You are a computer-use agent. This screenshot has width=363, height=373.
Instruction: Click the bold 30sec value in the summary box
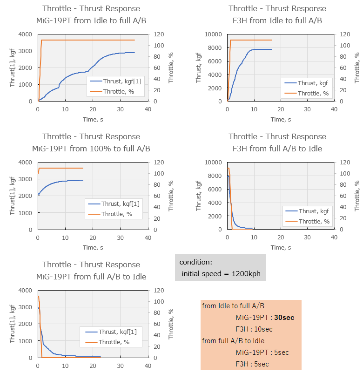point(284,318)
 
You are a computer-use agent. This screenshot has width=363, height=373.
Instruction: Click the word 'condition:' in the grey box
point(195,262)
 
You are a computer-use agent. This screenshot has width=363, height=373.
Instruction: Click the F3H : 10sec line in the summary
point(254,329)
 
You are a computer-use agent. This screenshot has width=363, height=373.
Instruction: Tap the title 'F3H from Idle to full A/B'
point(277,20)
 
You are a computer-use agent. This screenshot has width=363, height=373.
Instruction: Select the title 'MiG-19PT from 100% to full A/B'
point(91,149)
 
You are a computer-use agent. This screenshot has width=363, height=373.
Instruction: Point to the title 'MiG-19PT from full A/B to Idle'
point(91,277)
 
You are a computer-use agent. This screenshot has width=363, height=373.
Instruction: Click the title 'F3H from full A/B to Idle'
point(277,149)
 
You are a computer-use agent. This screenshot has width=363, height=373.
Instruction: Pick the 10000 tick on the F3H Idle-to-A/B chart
point(215,34)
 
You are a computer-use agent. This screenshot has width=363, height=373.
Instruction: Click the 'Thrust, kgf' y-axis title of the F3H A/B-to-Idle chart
point(199,196)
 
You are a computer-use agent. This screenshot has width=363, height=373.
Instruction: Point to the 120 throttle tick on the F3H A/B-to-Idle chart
point(345,162)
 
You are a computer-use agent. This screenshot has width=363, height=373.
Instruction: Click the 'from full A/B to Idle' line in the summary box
point(233,341)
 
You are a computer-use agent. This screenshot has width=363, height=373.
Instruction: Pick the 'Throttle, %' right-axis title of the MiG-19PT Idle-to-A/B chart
point(171,68)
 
